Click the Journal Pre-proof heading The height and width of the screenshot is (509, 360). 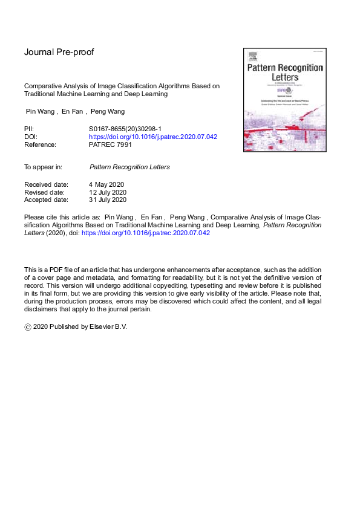pos(59,52)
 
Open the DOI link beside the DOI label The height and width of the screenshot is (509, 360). pos(152,137)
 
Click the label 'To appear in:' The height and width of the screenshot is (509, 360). pos(45,166)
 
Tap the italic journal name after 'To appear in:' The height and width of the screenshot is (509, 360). pos(129,166)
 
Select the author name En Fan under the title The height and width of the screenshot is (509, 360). pos(72,111)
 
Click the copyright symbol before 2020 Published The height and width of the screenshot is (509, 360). pos(28,326)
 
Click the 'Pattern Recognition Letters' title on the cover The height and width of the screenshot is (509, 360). pos(284,73)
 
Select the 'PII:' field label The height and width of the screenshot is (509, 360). pos(29,129)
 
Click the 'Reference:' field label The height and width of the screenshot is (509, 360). pos(40,144)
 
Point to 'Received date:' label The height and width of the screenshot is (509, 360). pos(46,184)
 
